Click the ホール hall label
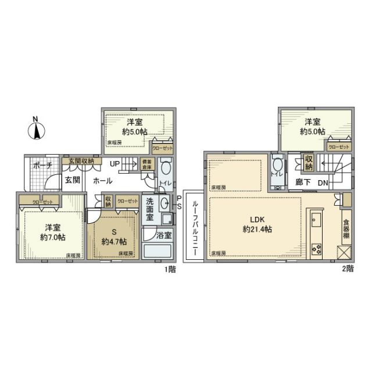click(103, 181)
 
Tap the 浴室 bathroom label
click(163, 236)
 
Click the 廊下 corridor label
click(303, 183)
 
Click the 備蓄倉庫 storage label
click(147, 165)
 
